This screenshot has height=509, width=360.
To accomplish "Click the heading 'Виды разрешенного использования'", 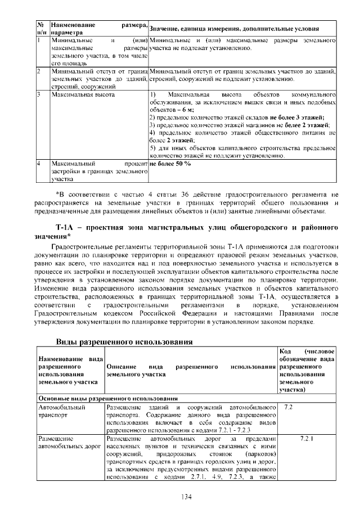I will click(125, 341).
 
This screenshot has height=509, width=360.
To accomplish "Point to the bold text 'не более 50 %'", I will click(170, 163).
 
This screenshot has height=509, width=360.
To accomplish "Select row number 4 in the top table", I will click(39, 163).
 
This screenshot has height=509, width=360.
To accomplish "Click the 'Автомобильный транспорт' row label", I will click(60, 410).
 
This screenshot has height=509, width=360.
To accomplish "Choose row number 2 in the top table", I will click(39, 72).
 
